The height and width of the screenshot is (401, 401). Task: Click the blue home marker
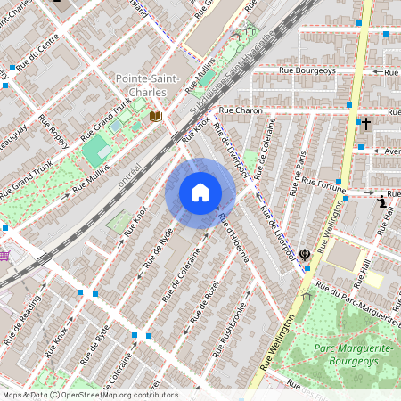tap(200, 192)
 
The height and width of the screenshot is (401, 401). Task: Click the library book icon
tap(156, 116)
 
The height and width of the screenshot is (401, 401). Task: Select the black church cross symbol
tap(364, 124)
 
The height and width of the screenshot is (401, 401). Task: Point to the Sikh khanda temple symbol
tap(305, 255)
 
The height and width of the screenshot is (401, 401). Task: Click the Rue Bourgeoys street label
tap(306, 69)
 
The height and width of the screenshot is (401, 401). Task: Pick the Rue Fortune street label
tap(323, 184)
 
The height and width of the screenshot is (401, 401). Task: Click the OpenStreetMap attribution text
tap(89, 395)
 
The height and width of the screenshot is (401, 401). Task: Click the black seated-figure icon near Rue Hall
tap(382, 201)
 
